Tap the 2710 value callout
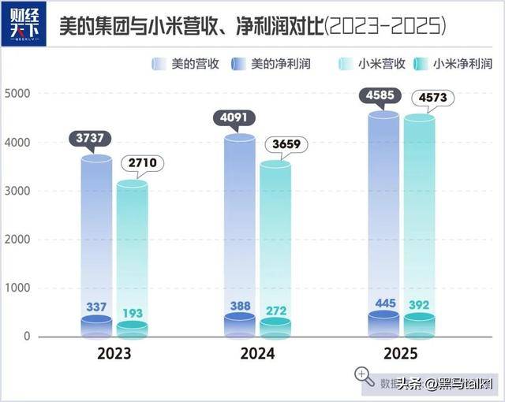(x=140, y=165)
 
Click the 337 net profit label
(x=96, y=306)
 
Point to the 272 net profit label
(x=275, y=309)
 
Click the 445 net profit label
(x=383, y=304)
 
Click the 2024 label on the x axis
(x=257, y=354)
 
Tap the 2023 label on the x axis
(x=114, y=354)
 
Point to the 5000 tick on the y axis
(x=17, y=94)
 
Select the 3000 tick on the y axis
(x=17, y=191)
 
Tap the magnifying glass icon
(x=364, y=376)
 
